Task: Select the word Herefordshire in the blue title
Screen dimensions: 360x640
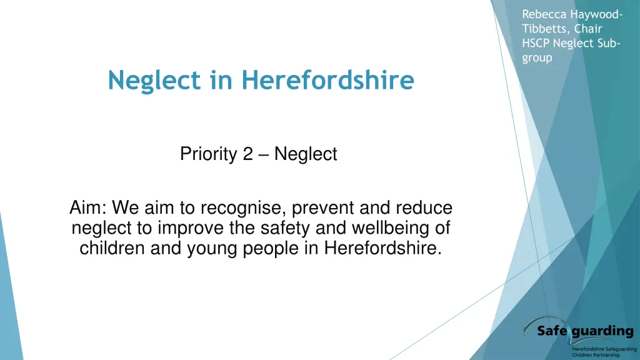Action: pyautogui.click(x=327, y=80)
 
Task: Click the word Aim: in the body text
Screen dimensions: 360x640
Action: pyautogui.click(x=87, y=208)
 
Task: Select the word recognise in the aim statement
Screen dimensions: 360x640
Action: pyautogui.click(x=238, y=208)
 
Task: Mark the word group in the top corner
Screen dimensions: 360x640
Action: pyautogui.click(x=537, y=57)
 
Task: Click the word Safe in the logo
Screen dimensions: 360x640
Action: pyautogui.click(x=552, y=331)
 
